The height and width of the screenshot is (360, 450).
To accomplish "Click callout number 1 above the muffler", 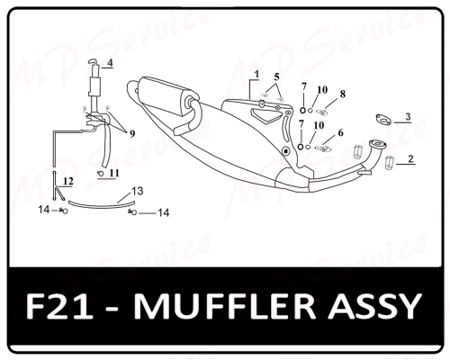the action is tap(256, 74).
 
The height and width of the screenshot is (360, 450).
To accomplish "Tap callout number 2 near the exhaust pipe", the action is tap(410, 158).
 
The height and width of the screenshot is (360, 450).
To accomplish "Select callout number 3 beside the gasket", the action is tap(408, 117).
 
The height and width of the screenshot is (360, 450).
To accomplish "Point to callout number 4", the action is tap(110, 63).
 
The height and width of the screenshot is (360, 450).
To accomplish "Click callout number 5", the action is tap(276, 77).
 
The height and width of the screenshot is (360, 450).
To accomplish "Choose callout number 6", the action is tap(340, 132).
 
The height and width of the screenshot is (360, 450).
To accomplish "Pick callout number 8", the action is tap(343, 94).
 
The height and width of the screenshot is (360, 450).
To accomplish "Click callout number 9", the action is tap(132, 134).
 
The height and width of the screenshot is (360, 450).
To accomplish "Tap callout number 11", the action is tap(114, 173).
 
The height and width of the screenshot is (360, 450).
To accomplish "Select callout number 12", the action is tap(68, 181).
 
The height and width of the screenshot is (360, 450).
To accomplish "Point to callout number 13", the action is tap(138, 191).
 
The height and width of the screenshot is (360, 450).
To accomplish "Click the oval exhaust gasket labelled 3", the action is tap(383, 119).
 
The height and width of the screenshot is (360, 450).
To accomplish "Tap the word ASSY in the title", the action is tap(374, 306).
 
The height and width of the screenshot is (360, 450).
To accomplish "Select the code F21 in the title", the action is tap(59, 306).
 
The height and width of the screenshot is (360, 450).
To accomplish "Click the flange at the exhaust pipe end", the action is tap(378, 144).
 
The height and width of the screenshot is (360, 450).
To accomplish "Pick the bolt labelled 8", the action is tap(322, 112).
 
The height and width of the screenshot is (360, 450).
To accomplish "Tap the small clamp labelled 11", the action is tap(101, 173).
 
